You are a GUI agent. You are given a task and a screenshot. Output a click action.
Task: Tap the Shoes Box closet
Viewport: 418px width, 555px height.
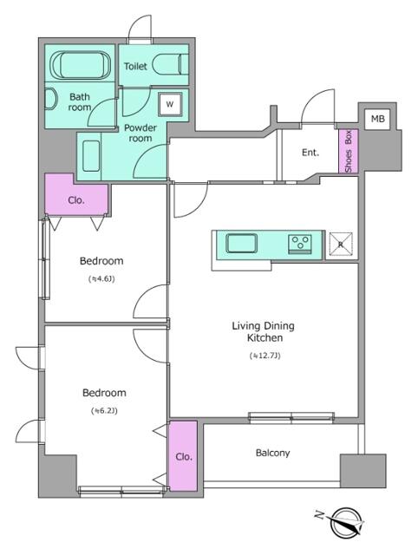coord(348,151)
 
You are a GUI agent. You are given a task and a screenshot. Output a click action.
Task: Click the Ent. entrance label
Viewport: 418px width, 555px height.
coord(310,153)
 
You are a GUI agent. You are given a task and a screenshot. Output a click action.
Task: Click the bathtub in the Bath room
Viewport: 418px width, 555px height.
coord(79,66)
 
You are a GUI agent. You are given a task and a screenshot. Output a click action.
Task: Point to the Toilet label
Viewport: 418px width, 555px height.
coord(135,66)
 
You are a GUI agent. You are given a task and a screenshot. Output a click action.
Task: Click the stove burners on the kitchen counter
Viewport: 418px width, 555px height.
coord(301,242)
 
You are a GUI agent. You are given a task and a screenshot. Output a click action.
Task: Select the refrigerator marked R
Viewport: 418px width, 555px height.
coord(341,245)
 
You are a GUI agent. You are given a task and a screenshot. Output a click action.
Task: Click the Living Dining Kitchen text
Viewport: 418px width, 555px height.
coord(263,331)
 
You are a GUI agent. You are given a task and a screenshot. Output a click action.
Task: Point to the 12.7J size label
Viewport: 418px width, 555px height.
coord(264,356)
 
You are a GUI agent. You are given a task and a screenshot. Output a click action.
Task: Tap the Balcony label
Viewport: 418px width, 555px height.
coord(272,453)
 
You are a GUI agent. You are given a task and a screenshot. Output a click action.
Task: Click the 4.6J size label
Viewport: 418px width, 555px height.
coord(101,279)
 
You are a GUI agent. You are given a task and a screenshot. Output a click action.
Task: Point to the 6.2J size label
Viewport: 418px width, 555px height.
coord(102,410)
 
